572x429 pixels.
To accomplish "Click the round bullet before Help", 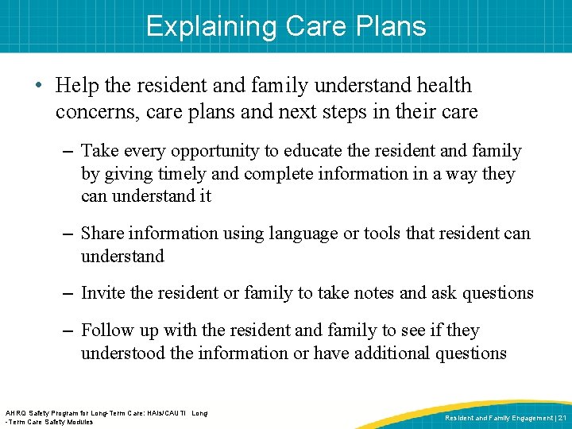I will point(41,86).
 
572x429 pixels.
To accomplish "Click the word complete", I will point(280,173).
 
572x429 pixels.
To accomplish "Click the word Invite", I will point(103,293).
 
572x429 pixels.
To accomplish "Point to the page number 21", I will point(561,417).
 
